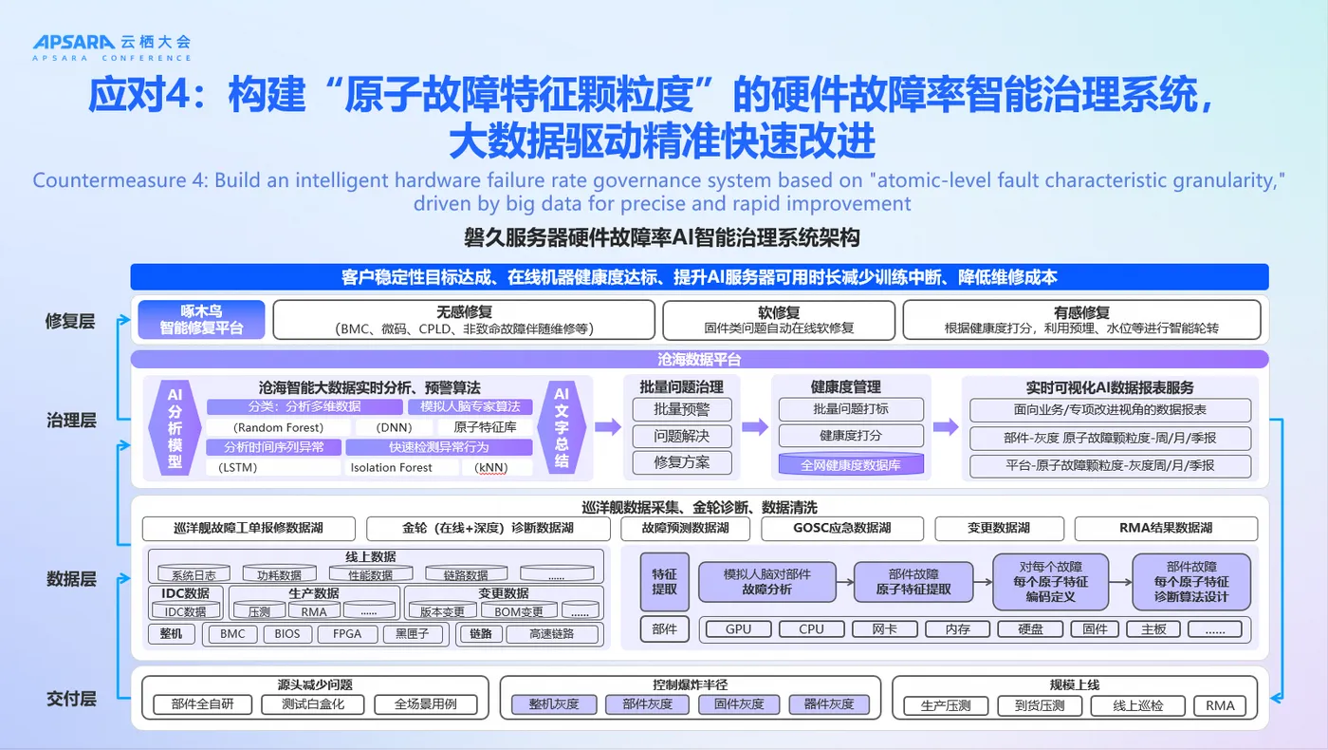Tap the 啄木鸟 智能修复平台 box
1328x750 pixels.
click(201, 320)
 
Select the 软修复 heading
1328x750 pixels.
click(779, 312)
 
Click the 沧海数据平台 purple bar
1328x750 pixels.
click(699, 360)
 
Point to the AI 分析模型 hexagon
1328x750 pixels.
click(175, 427)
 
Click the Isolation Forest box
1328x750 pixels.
click(391, 467)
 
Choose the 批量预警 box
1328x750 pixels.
click(681, 409)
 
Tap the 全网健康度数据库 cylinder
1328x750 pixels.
click(850, 465)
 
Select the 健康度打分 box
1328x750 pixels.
click(850, 436)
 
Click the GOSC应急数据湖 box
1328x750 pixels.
click(840, 528)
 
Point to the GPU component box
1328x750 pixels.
click(738, 628)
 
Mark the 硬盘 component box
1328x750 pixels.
click(1031, 628)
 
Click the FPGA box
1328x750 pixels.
click(346, 634)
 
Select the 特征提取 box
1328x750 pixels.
click(664, 581)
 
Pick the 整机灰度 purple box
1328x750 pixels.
click(553, 704)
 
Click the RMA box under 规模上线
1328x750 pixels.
click(1220, 705)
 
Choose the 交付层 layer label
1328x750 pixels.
click(71, 699)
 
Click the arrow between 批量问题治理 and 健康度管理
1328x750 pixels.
click(755, 428)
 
